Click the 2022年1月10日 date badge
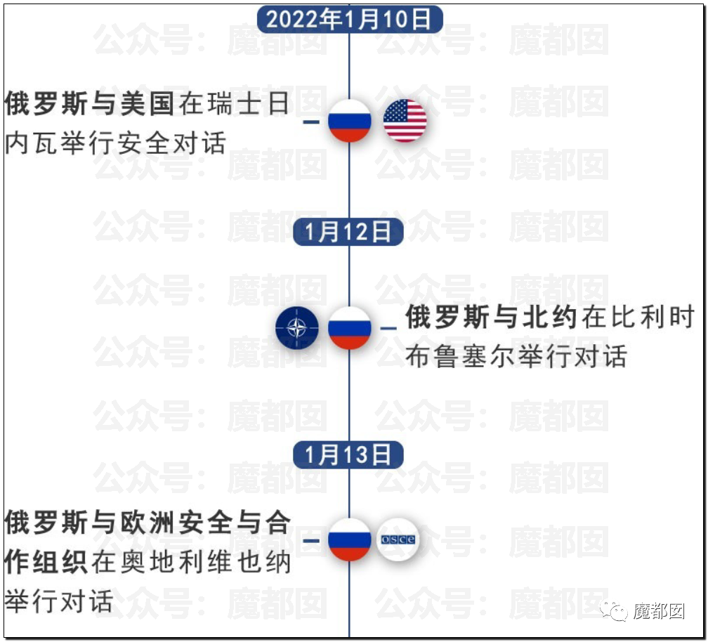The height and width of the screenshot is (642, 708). [349, 19]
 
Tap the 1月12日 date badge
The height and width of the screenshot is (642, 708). [349, 232]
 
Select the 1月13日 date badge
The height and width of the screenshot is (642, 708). [349, 454]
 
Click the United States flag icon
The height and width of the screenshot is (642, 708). [405, 121]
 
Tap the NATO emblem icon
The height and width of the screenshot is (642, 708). [296, 328]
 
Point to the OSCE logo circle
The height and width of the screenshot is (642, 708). [398, 539]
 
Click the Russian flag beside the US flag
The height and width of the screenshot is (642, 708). [349, 121]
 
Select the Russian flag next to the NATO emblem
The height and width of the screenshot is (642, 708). [349, 328]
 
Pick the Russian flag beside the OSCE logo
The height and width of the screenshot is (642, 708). [349, 539]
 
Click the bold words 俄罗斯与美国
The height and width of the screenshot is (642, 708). [89, 105]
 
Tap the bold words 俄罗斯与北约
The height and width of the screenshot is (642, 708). [491, 318]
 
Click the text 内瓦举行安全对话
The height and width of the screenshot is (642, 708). [116, 144]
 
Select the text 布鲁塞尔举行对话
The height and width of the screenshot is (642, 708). [516, 356]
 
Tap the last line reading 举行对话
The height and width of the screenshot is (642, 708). [59, 602]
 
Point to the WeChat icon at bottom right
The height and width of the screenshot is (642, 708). [618, 612]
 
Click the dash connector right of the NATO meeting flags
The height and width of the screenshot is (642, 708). [388, 328]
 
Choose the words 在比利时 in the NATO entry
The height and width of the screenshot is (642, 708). [638, 318]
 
